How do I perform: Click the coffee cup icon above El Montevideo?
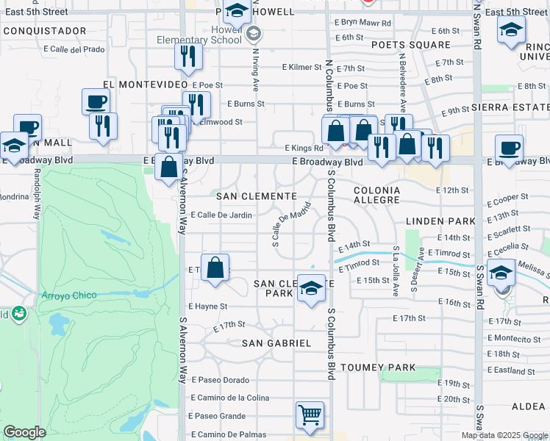(x=96, y=101)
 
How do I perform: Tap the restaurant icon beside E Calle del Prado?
(x=188, y=57)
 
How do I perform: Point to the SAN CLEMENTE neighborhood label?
(x=256, y=196)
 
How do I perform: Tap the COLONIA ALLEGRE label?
(x=377, y=195)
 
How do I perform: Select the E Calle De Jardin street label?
(x=221, y=215)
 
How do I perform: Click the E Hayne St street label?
(x=208, y=306)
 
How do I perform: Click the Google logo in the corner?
(x=24, y=432)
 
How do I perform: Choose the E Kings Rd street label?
(x=297, y=146)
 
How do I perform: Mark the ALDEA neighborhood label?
(x=528, y=406)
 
